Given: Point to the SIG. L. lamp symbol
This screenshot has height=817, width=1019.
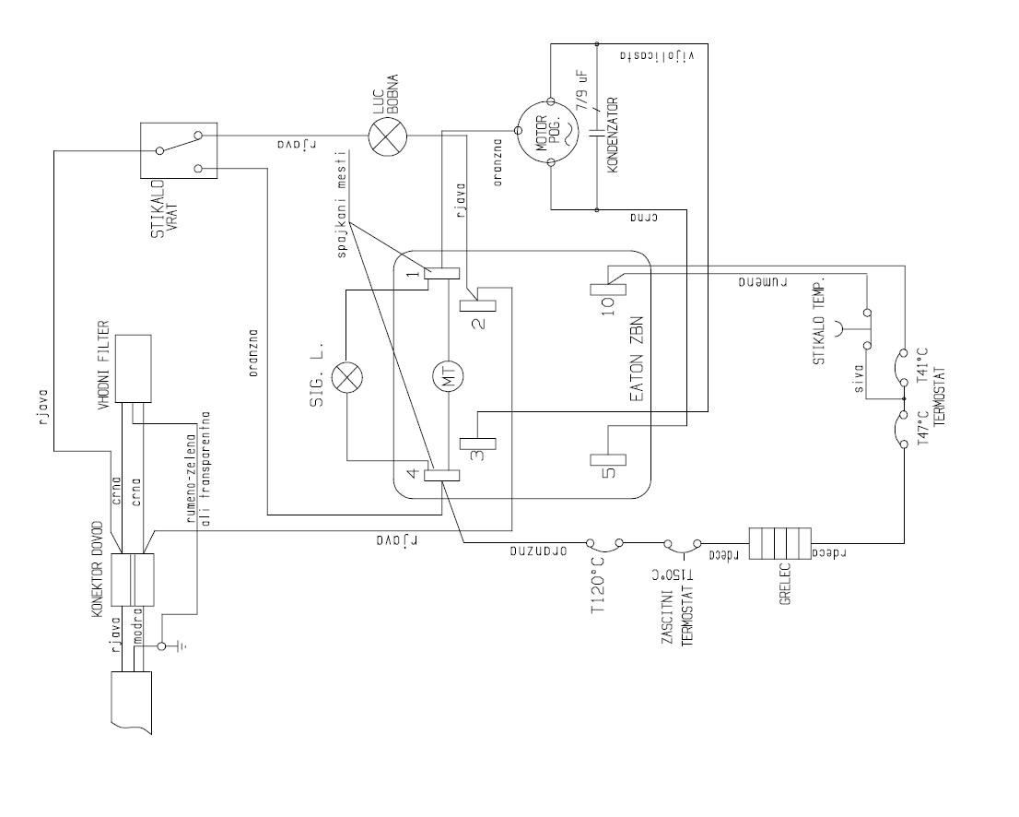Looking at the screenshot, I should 348,376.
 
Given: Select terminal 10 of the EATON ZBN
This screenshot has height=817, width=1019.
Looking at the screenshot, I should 609,287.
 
